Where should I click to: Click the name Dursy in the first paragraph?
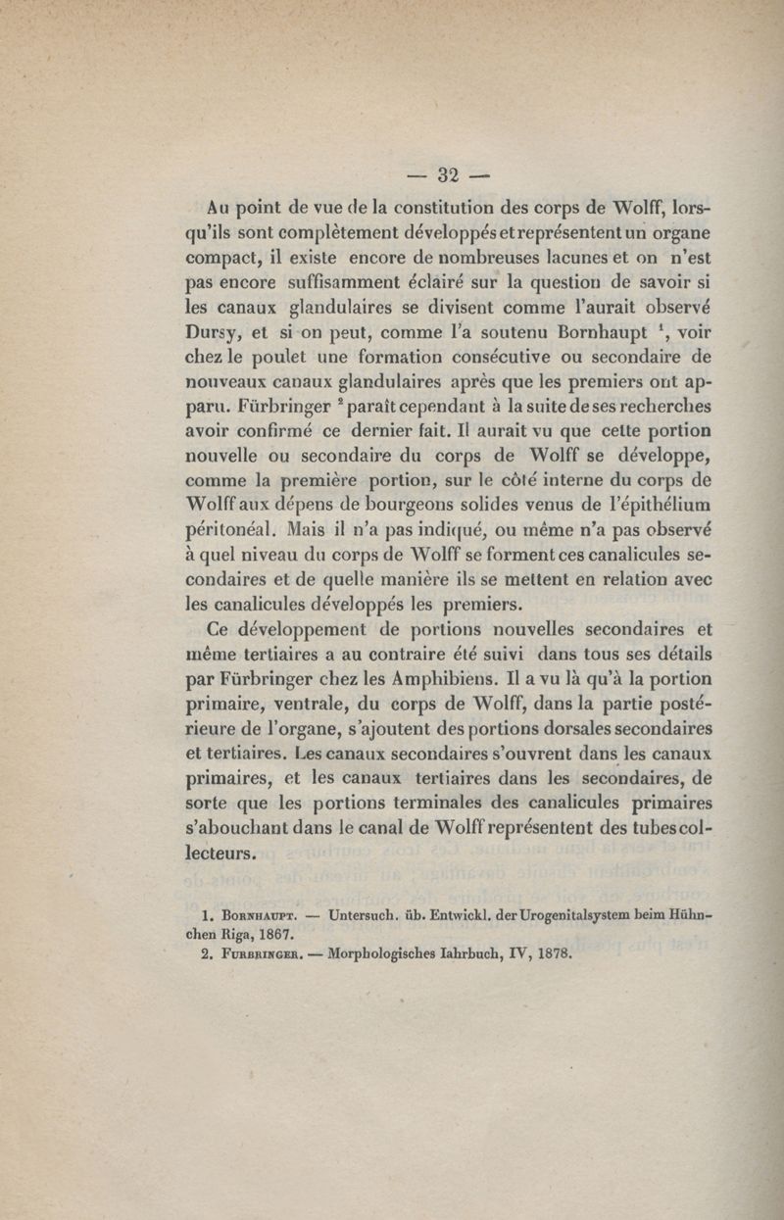point(211,329)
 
